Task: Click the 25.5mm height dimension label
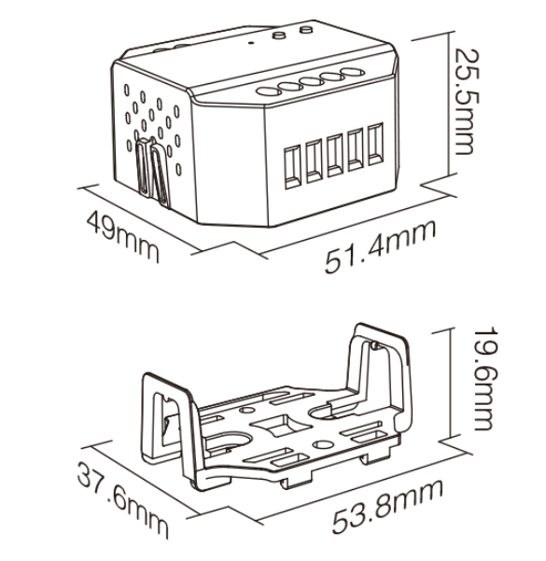tap(467, 101)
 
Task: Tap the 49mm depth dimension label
tap(122, 236)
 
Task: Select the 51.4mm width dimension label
tap(381, 246)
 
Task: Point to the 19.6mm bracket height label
tap(484, 378)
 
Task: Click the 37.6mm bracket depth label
tap(122, 499)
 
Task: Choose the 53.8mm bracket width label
tap(387, 507)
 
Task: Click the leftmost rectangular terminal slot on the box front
tap(293, 167)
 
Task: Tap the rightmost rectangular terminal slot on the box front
tap(376, 144)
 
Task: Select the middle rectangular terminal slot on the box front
tap(335, 156)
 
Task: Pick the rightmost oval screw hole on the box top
tap(353, 73)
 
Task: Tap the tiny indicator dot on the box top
tap(250, 43)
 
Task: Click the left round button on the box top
tap(279, 35)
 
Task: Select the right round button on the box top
tap(306, 29)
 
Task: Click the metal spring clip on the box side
tap(151, 172)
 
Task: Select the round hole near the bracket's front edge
tap(323, 444)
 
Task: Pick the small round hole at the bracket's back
tap(246, 409)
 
